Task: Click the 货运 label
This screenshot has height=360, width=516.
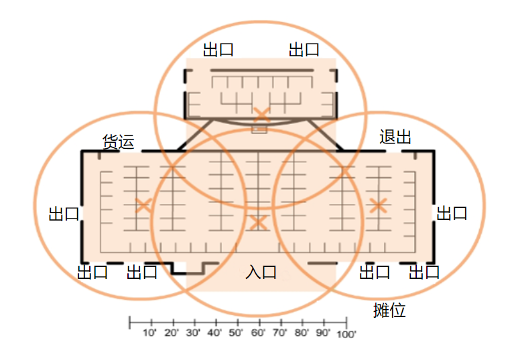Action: pyautogui.click(x=119, y=142)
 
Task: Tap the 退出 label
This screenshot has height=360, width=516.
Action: pyautogui.click(x=395, y=137)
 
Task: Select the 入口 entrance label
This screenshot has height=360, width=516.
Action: pyautogui.click(x=261, y=272)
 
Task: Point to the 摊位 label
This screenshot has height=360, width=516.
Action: pyautogui.click(x=389, y=310)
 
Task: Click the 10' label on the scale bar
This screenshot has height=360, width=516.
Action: pyautogui.click(x=149, y=333)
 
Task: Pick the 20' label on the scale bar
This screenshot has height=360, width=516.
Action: pyautogui.click(x=171, y=333)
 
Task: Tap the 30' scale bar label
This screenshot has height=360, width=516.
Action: pyautogui.click(x=193, y=333)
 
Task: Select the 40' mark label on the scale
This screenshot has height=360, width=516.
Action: pyautogui.click(x=214, y=333)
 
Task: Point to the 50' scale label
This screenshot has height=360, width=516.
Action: pyautogui.click(x=236, y=333)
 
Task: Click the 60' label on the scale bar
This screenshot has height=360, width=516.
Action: pyautogui.click(x=258, y=333)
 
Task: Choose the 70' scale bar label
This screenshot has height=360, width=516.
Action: pyautogui.click(x=279, y=333)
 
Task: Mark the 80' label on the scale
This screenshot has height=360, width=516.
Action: pyautogui.click(x=301, y=333)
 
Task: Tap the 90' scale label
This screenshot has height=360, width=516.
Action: pyautogui.click(x=323, y=333)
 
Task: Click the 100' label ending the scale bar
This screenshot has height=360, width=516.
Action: pyautogui.click(x=346, y=335)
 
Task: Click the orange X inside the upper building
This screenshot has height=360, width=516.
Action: pyautogui.click(x=261, y=115)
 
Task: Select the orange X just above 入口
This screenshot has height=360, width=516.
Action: pyautogui.click(x=258, y=223)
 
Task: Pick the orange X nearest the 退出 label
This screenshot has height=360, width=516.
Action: pyautogui.click(x=378, y=206)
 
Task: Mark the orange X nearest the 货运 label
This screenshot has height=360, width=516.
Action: pyautogui.click(x=143, y=206)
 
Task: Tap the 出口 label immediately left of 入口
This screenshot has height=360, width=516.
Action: pyautogui.click(x=142, y=272)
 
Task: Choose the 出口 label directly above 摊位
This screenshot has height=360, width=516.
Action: pyautogui.click(x=375, y=272)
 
